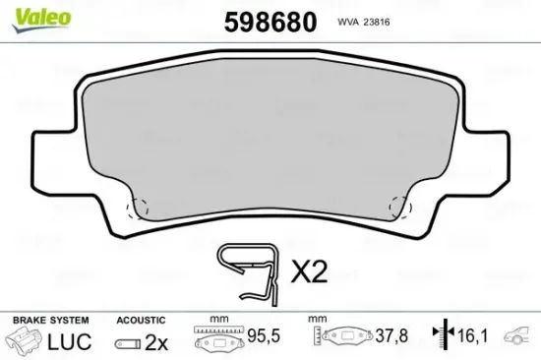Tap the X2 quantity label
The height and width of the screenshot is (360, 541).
click(x=308, y=272)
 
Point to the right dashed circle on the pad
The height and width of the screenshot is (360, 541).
click(x=400, y=208)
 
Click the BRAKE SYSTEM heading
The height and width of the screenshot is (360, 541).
click(x=48, y=321)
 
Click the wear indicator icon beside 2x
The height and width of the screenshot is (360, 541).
click(x=127, y=343)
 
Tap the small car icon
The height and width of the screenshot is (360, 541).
click(x=519, y=340)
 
